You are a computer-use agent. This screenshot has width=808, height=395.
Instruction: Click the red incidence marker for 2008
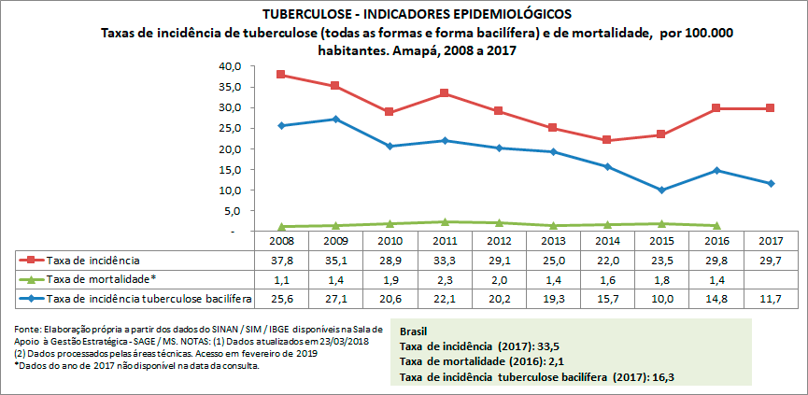pos(281,75)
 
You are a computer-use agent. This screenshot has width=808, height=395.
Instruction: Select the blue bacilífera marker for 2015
pos(662,190)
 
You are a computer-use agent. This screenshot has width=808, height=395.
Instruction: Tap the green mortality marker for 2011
pos(445,222)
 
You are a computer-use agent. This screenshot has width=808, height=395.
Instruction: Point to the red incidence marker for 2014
pos(607,140)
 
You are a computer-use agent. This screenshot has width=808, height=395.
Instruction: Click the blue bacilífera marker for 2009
pos(335,120)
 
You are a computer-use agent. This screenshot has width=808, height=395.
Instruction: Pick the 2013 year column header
pos(553,241)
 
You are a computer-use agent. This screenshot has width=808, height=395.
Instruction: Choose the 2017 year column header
pos(771,241)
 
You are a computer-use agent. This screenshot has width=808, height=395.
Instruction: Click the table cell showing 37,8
pos(281,261)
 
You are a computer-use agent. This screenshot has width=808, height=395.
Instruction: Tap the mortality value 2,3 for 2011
pos(445,279)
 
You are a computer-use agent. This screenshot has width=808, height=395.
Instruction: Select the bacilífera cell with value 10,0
pos(662,298)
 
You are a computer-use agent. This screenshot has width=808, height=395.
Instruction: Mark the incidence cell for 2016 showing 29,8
pos(716,261)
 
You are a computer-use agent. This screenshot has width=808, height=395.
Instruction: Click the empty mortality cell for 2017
pos(771,279)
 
